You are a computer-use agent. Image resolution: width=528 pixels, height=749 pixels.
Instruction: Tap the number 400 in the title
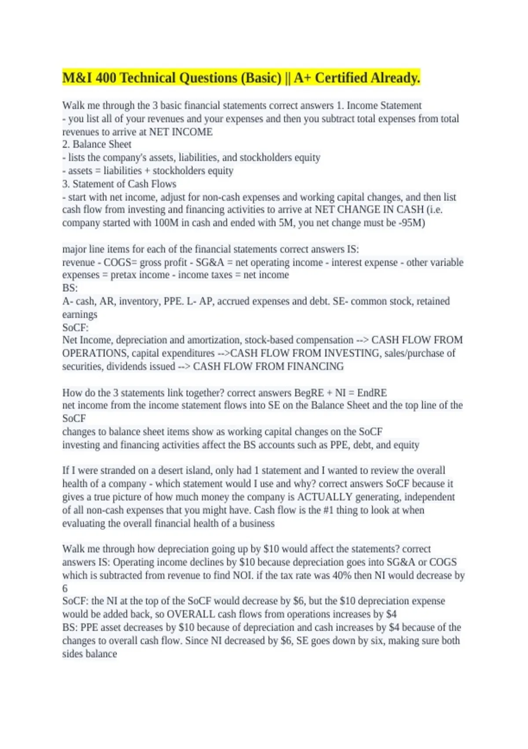point(106,78)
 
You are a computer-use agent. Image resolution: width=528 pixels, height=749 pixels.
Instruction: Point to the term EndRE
point(372,393)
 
